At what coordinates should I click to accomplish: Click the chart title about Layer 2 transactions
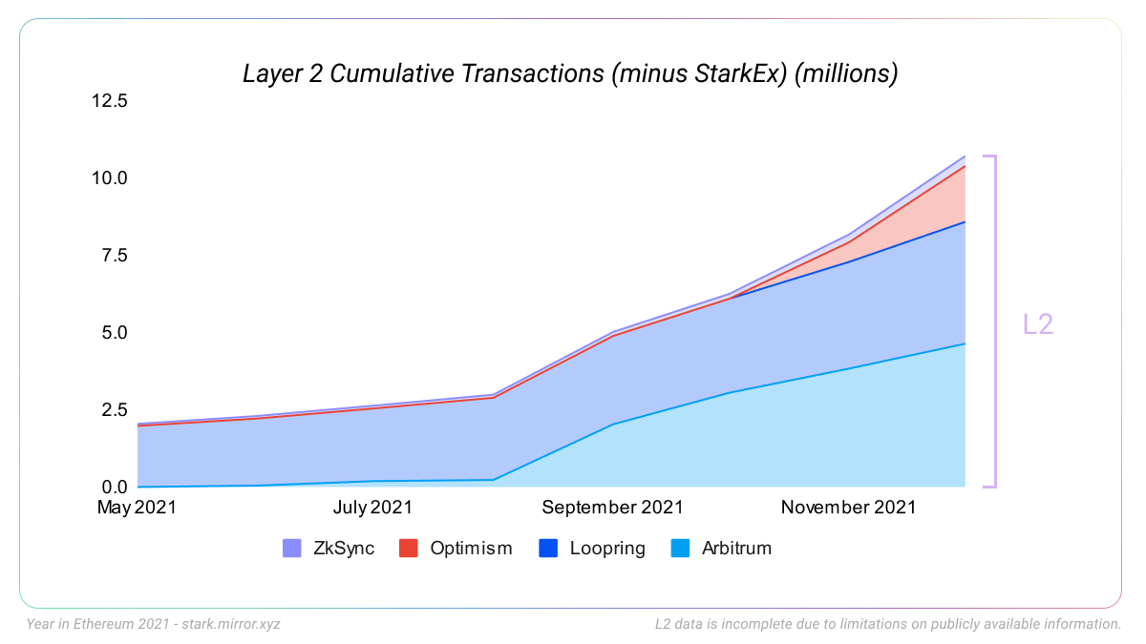(x=570, y=73)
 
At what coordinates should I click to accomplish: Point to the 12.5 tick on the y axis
(x=108, y=100)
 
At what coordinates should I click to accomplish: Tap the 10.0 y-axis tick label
(x=108, y=177)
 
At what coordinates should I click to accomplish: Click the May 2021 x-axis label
(x=137, y=508)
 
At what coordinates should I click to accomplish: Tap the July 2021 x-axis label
(x=372, y=508)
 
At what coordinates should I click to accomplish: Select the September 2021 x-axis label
(x=613, y=508)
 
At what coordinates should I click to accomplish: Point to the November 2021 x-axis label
(x=848, y=508)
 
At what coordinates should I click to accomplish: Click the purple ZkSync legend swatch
(x=292, y=549)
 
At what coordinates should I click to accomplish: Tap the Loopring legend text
(x=607, y=549)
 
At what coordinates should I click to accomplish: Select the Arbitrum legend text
(x=736, y=549)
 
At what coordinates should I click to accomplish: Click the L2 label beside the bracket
(x=1038, y=324)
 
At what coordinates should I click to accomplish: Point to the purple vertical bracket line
(x=995, y=322)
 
